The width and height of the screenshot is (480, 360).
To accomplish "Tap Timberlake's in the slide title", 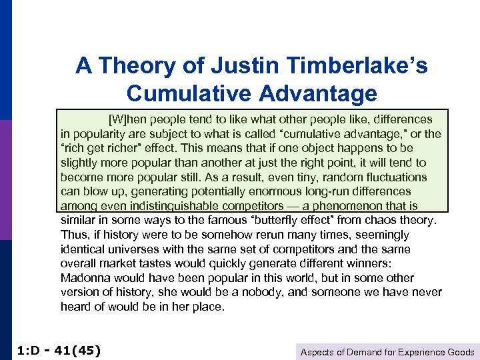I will click(353, 66).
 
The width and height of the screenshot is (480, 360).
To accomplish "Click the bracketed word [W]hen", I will click(126, 119).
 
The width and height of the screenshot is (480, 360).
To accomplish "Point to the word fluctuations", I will click(389, 177).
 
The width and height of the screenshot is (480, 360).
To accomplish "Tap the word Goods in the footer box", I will click(461, 352).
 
